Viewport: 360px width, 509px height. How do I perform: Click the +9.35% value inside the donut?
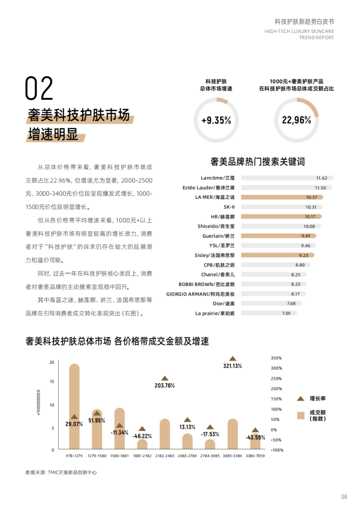point(216,121)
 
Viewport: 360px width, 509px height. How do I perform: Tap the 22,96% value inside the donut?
point(296,121)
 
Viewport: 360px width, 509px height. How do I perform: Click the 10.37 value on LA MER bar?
point(311,197)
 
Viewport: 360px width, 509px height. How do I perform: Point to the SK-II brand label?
point(229,207)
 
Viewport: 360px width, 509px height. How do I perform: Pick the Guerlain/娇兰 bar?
point(278,236)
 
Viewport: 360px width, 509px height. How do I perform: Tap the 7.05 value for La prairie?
point(286,313)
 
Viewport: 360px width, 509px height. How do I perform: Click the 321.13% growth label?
point(233,366)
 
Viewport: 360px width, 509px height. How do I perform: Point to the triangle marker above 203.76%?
point(165,378)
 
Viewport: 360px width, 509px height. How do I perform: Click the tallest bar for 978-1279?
point(75,406)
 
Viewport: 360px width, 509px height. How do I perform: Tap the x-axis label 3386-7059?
point(255,456)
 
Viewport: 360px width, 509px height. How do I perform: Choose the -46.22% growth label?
point(142,436)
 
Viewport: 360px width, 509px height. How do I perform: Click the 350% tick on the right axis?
point(276,358)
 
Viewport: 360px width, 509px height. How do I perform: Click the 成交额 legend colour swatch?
point(301,415)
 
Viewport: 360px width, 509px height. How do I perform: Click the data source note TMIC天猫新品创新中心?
point(61,472)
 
